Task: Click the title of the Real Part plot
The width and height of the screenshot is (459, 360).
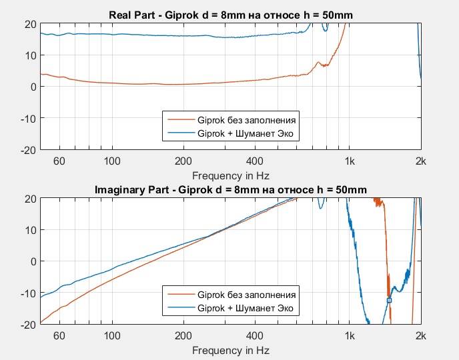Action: point(230,15)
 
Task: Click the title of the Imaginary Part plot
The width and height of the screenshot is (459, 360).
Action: point(230,189)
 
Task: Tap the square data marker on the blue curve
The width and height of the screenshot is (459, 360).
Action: point(389,301)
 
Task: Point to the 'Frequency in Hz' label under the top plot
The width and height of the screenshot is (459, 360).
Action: point(230,176)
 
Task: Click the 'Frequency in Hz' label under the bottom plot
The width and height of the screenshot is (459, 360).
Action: point(230,350)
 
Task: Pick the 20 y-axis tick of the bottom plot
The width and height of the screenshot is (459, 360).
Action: point(30,199)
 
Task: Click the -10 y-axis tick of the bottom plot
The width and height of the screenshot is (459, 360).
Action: point(28,293)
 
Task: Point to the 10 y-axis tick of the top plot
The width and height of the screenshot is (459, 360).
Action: point(30,55)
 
